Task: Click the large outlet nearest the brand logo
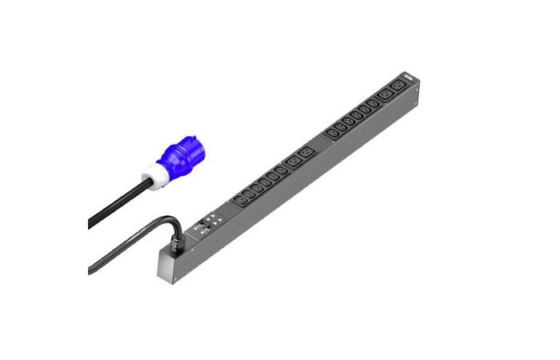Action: point(395,87)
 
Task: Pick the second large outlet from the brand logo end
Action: point(383,95)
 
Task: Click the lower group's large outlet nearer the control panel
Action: point(292,162)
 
